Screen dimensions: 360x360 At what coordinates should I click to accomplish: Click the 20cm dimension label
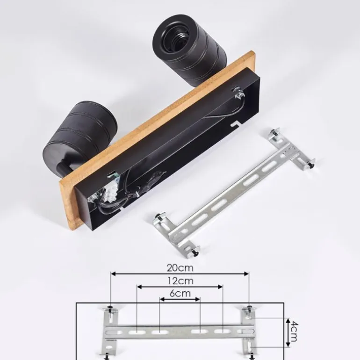click(x=180, y=268)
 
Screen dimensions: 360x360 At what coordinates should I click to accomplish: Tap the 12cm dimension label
click(x=180, y=281)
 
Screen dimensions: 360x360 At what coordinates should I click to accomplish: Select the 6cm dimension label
click(x=180, y=293)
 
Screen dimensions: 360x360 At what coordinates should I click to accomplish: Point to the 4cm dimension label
click(x=295, y=331)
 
